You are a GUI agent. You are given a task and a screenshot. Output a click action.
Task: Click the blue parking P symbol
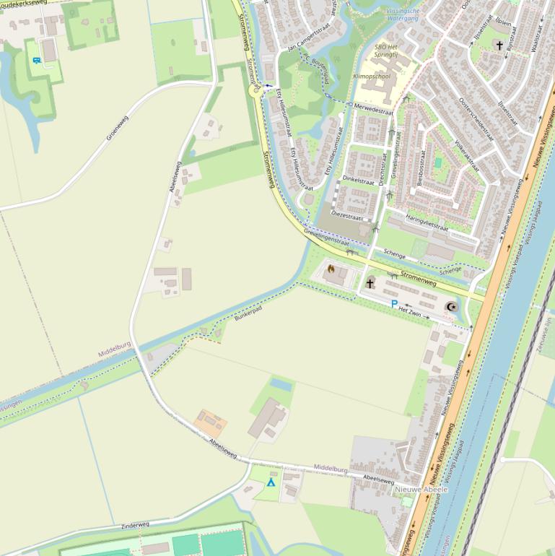click(x=394, y=304)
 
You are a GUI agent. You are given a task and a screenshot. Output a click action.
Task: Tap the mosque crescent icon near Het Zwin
click(x=453, y=307)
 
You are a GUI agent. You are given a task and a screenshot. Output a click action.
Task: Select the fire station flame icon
click(x=331, y=269)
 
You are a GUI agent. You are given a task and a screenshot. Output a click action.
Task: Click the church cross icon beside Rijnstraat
click(x=499, y=45)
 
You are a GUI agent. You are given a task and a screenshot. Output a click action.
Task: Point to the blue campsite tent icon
click(x=271, y=482)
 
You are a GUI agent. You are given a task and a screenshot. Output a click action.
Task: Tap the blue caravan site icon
click(x=36, y=60)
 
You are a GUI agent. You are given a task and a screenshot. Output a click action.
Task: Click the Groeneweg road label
click(x=117, y=127)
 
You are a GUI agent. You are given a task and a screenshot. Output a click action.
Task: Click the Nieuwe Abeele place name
click(x=421, y=490)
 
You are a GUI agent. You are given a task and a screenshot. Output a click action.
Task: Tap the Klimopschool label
click(x=372, y=75)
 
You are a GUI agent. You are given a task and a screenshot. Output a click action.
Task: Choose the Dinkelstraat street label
click(x=359, y=178)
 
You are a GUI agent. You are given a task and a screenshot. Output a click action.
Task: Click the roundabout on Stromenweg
click(x=253, y=90)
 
